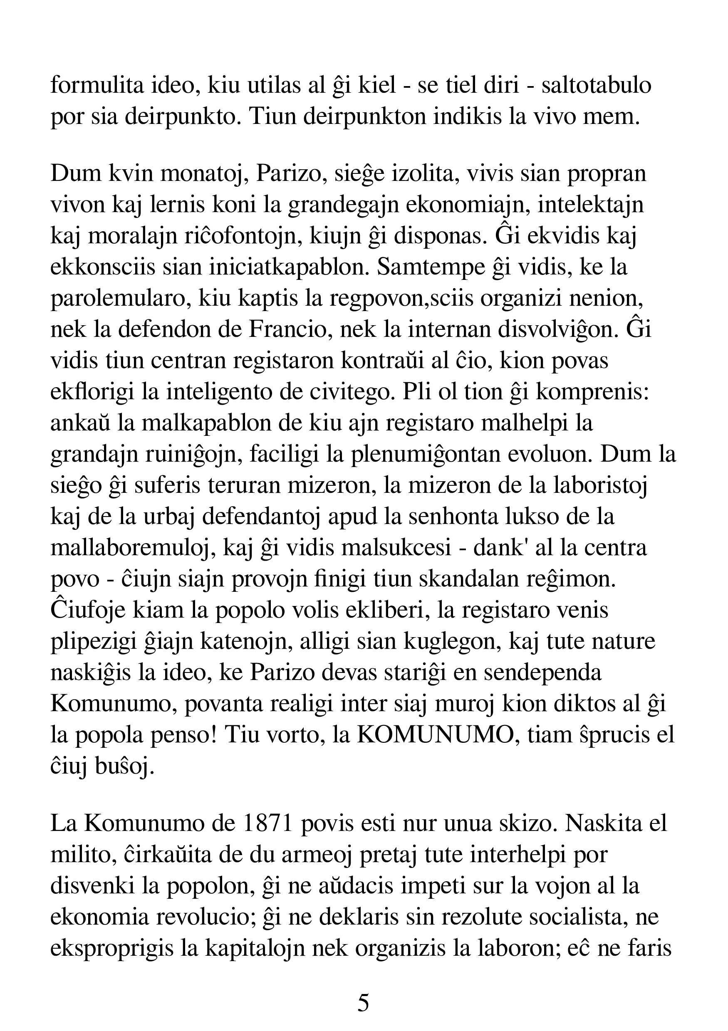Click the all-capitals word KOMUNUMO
(435, 735)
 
